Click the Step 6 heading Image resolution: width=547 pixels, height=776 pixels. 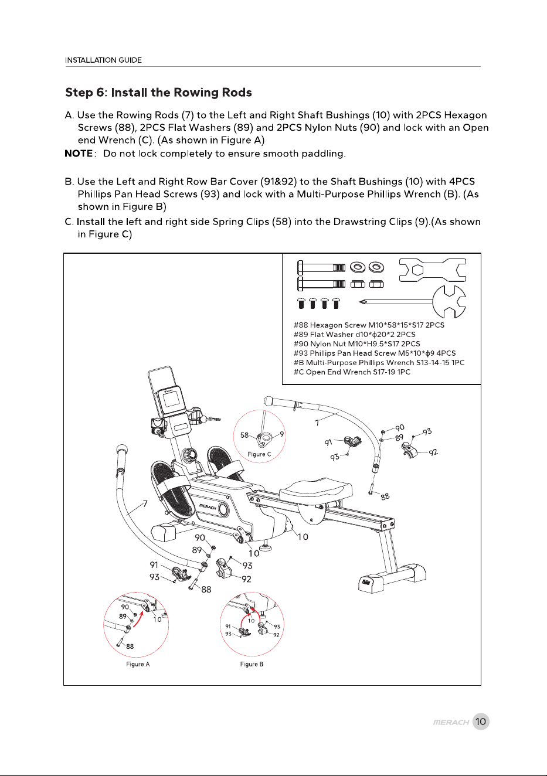coord(158,93)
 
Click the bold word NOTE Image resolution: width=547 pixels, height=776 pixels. coord(79,154)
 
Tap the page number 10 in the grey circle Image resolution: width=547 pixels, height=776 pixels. coord(481,721)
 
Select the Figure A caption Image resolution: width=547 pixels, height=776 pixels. coord(138,664)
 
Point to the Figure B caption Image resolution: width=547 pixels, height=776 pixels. coord(252,664)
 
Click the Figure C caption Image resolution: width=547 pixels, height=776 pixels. coord(259,454)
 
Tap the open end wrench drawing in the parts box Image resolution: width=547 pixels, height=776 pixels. coord(432,270)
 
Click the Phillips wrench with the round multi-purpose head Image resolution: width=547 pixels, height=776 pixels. coord(413,302)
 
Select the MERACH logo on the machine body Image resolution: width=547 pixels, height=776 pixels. coord(208,508)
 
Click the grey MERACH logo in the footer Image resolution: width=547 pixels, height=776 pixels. coord(451,722)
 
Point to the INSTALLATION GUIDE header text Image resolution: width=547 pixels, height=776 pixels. coord(103,60)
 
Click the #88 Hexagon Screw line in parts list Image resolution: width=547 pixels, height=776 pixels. coord(369,325)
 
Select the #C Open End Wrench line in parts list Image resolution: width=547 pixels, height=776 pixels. coord(352,372)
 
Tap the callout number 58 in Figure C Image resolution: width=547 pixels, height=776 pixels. coord(244,435)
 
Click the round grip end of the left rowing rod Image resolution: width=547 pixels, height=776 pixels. coord(123,450)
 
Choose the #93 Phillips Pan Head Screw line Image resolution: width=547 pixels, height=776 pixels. coord(375,353)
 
